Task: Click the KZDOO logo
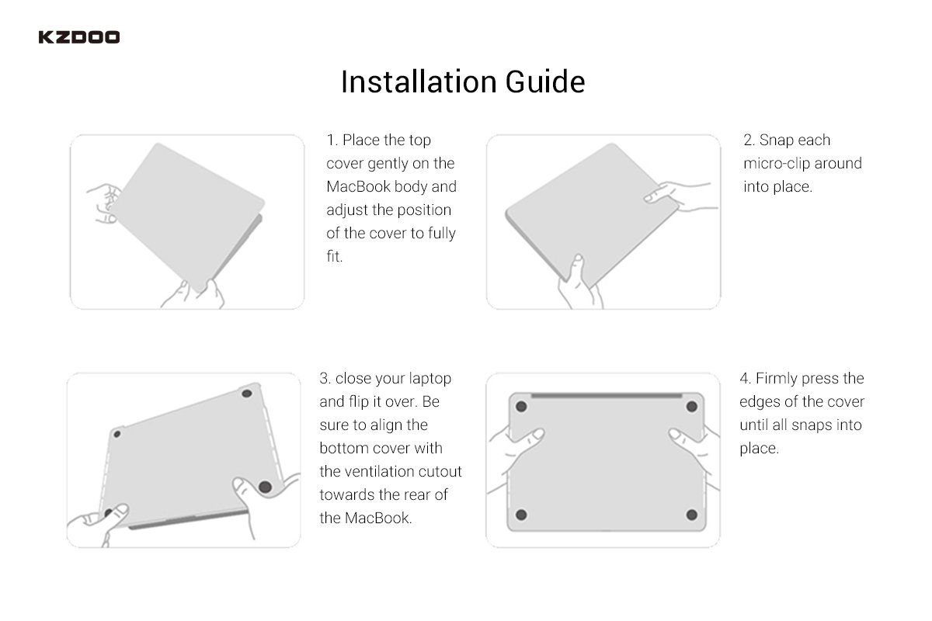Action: coord(79,37)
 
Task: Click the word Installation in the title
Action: coord(419,82)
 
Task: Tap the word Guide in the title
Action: coord(545,82)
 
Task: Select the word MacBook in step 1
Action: coord(358,186)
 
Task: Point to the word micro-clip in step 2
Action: coord(777,164)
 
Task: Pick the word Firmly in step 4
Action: coord(777,379)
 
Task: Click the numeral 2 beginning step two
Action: coord(749,141)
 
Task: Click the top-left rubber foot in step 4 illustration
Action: coord(521,407)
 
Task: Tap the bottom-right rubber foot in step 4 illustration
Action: coord(691,515)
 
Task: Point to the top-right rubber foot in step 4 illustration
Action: coord(691,407)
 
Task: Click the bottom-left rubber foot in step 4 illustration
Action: coord(521,515)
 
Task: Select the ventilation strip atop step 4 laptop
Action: coord(607,396)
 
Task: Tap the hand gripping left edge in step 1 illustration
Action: coord(104,203)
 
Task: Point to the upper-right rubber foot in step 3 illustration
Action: coord(247,393)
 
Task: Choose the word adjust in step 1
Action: coord(347,210)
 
